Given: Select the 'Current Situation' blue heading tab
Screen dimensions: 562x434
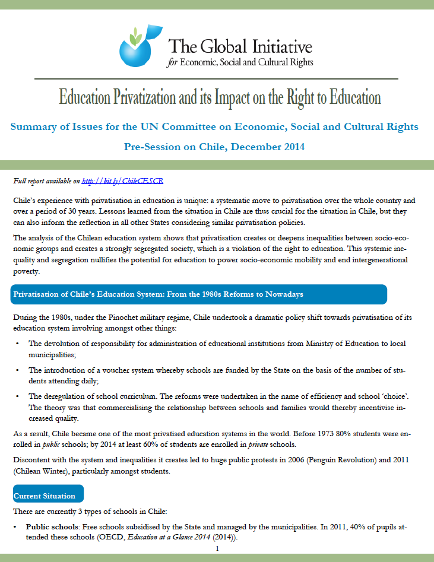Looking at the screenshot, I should tap(47, 496).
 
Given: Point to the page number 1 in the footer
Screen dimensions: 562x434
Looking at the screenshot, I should tap(217, 548).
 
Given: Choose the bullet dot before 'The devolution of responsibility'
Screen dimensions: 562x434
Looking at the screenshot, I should tap(17, 344).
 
